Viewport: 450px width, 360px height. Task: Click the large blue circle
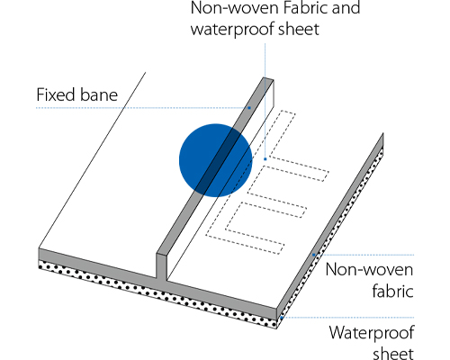[x=215, y=160]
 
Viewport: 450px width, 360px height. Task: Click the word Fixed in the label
[x=56, y=94]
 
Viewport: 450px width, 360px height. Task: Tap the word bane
[x=98, y=94]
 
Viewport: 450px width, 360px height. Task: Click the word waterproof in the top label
[x=232, y=29]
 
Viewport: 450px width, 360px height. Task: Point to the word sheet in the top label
[x=299, y=29]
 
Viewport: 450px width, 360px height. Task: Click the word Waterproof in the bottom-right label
[x=372, y=332]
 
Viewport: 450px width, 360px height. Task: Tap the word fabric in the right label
[x=393, y=291]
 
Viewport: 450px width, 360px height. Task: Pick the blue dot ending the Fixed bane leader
[x=249, y=108]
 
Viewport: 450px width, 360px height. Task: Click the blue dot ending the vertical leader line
[x=265, y=159]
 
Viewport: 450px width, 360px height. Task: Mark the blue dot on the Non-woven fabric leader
[x=314, y=255]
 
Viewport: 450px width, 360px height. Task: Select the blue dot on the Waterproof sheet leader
[x=282, y=318]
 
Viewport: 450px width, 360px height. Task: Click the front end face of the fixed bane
[x=161, y=267]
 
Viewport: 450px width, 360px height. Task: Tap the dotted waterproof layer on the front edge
[x=157, y=294]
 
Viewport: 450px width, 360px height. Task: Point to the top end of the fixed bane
[x=268, y=79]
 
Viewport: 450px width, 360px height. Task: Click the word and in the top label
[x=346, y=7]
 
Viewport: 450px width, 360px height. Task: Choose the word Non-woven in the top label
[x=235, y=7]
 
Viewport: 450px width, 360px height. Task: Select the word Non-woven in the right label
[x=369, y=269]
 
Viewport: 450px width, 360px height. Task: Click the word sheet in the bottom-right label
[x=393, y=354]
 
